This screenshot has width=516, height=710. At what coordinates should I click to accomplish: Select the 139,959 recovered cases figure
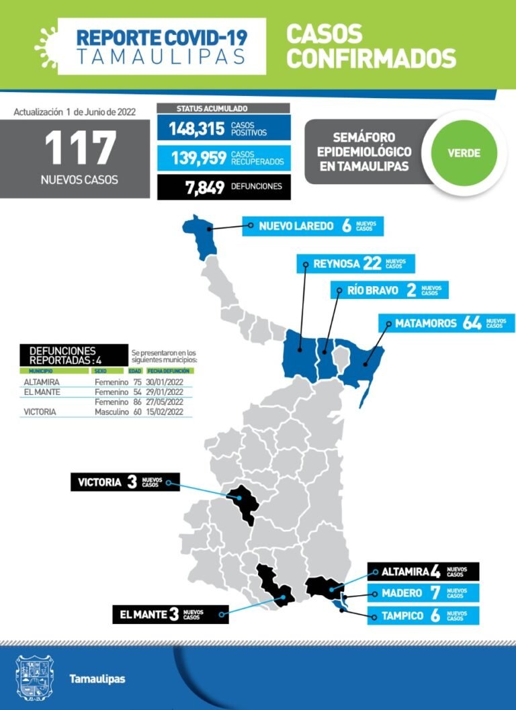(198, 158)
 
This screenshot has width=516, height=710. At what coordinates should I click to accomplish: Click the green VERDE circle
(464, 152)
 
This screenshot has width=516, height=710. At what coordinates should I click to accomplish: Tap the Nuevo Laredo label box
(312, 226)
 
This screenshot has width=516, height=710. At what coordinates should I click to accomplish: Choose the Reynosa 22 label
(355, 263)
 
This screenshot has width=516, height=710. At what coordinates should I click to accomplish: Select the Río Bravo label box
(390, 290)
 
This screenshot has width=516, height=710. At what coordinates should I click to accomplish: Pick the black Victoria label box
(125, 482)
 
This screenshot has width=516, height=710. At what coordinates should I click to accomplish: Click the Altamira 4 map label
(423, 572)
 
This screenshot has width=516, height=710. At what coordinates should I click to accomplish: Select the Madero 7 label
(423, 593)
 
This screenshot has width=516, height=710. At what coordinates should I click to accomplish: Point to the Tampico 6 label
(423, 615)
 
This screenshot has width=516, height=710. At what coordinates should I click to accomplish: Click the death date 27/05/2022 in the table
(169, 402)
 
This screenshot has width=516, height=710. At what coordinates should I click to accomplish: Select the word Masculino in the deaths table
(111, 411)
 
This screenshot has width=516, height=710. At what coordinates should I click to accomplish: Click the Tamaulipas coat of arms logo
(34, 677)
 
